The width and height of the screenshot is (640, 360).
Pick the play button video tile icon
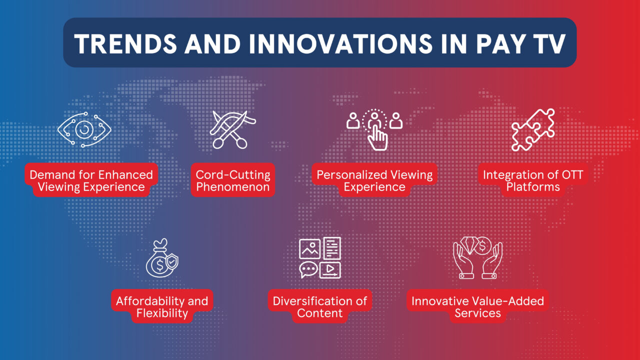(x=330, y=270)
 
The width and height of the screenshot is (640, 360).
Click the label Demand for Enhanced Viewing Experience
(x=91, y=181)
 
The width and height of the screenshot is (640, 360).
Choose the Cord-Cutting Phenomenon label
(x=233, y=181)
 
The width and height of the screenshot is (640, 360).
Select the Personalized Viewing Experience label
(x=374, y=181)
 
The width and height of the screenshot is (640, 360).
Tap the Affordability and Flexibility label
(x=161, y=307)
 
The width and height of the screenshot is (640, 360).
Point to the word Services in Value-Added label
(x=477, y=313)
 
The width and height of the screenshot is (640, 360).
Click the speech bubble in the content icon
(x=308, y=270)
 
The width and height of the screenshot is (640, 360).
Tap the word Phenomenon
(x=233, y=187)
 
